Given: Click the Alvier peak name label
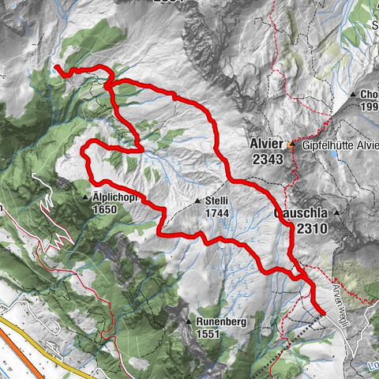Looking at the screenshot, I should [x=265, y=144].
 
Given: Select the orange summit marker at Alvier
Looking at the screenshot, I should [x=291, y=145].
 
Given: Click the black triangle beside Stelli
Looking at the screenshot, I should [x=197, y=202].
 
